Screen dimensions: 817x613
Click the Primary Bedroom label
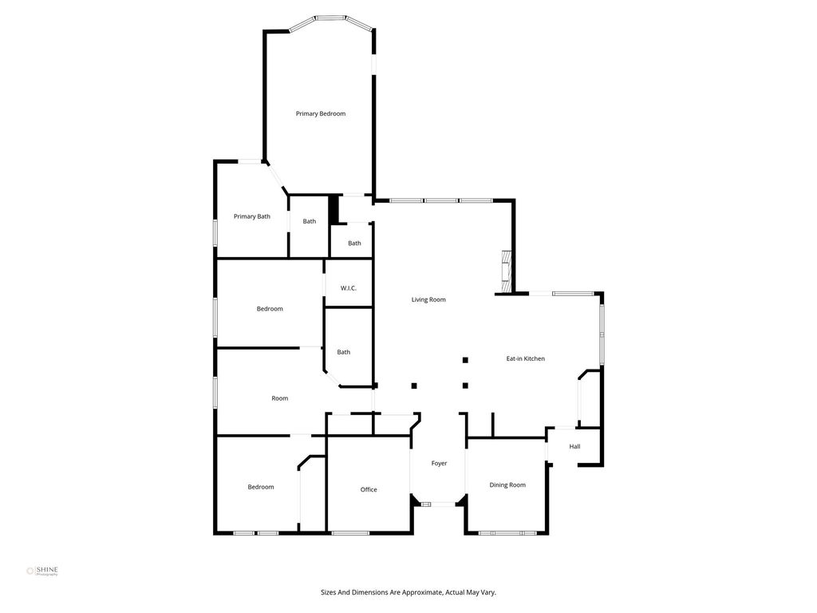click(321, 113)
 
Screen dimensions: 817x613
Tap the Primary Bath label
click(251, 216)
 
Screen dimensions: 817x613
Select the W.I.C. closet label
click(348, 288)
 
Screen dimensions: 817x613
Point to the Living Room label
click(428, 300)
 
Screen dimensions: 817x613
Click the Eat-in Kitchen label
click(525, 358)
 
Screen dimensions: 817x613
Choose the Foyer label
click(439, 464)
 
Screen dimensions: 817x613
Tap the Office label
click(369, 489)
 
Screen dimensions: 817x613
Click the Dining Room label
click(507, 484)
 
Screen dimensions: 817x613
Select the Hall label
click(574, 446)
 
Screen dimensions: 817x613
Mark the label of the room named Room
click(279, 398)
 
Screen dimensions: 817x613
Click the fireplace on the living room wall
click(506, 273)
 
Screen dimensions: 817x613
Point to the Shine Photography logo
click(42, 571)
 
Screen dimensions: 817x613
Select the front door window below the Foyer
click(439, 504)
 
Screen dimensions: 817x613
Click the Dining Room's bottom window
click(507, 532)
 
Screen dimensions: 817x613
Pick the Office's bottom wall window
click(350, 532)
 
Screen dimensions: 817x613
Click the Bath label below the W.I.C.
click(343, 352)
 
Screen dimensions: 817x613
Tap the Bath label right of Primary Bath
click(309, 222)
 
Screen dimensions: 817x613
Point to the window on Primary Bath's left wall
click(215, 232)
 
